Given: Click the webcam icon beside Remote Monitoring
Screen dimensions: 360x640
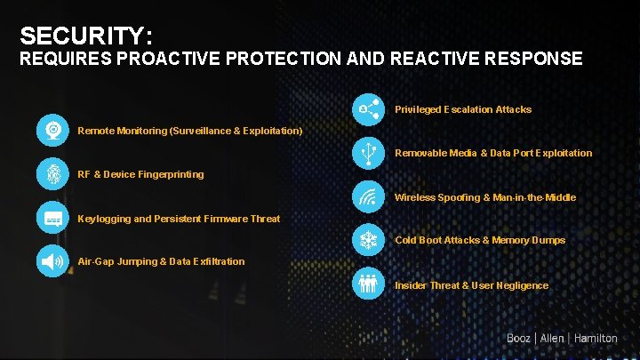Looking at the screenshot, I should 53,131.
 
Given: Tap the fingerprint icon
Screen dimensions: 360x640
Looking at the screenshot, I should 53,174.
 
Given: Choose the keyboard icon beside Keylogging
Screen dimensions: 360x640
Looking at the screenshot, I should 53,218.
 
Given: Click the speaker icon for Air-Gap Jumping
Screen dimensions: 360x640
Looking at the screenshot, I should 53,261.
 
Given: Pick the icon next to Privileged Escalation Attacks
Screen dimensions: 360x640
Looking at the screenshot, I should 368,109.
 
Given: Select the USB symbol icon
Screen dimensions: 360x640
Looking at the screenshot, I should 368,153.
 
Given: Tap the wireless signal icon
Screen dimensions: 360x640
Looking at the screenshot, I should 368,196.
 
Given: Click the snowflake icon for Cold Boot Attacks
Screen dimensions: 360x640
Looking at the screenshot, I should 368,240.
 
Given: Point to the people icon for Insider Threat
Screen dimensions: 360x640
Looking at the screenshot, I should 368,284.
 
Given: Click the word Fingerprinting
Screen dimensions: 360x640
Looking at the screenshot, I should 171,174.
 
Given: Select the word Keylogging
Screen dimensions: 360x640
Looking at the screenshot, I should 104,219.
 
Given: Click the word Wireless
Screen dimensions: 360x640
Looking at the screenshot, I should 415,197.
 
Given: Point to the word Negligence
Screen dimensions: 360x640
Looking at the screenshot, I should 524,285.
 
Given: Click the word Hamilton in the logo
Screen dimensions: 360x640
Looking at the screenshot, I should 596,339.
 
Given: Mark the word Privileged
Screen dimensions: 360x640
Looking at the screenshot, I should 417,109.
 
